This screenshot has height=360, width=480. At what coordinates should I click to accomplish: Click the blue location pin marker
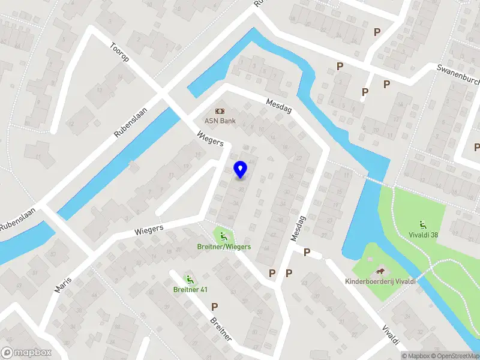240,170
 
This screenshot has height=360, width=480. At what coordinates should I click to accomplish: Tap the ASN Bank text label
220,121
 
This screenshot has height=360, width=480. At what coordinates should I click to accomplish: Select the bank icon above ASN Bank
220,111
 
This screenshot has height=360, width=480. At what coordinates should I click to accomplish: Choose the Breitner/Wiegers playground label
224,247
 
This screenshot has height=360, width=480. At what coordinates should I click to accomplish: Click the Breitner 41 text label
190,290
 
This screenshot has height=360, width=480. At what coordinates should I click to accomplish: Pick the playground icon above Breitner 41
190,279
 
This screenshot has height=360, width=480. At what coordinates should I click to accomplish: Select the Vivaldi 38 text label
423,235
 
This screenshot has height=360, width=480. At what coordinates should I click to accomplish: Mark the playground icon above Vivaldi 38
423,224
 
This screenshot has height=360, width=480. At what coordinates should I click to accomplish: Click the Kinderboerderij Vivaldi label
380,281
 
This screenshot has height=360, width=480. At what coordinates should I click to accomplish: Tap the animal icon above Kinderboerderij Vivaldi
380,271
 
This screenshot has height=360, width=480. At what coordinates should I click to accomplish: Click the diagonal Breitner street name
221,329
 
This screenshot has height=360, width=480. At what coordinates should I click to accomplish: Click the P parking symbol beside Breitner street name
214,307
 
